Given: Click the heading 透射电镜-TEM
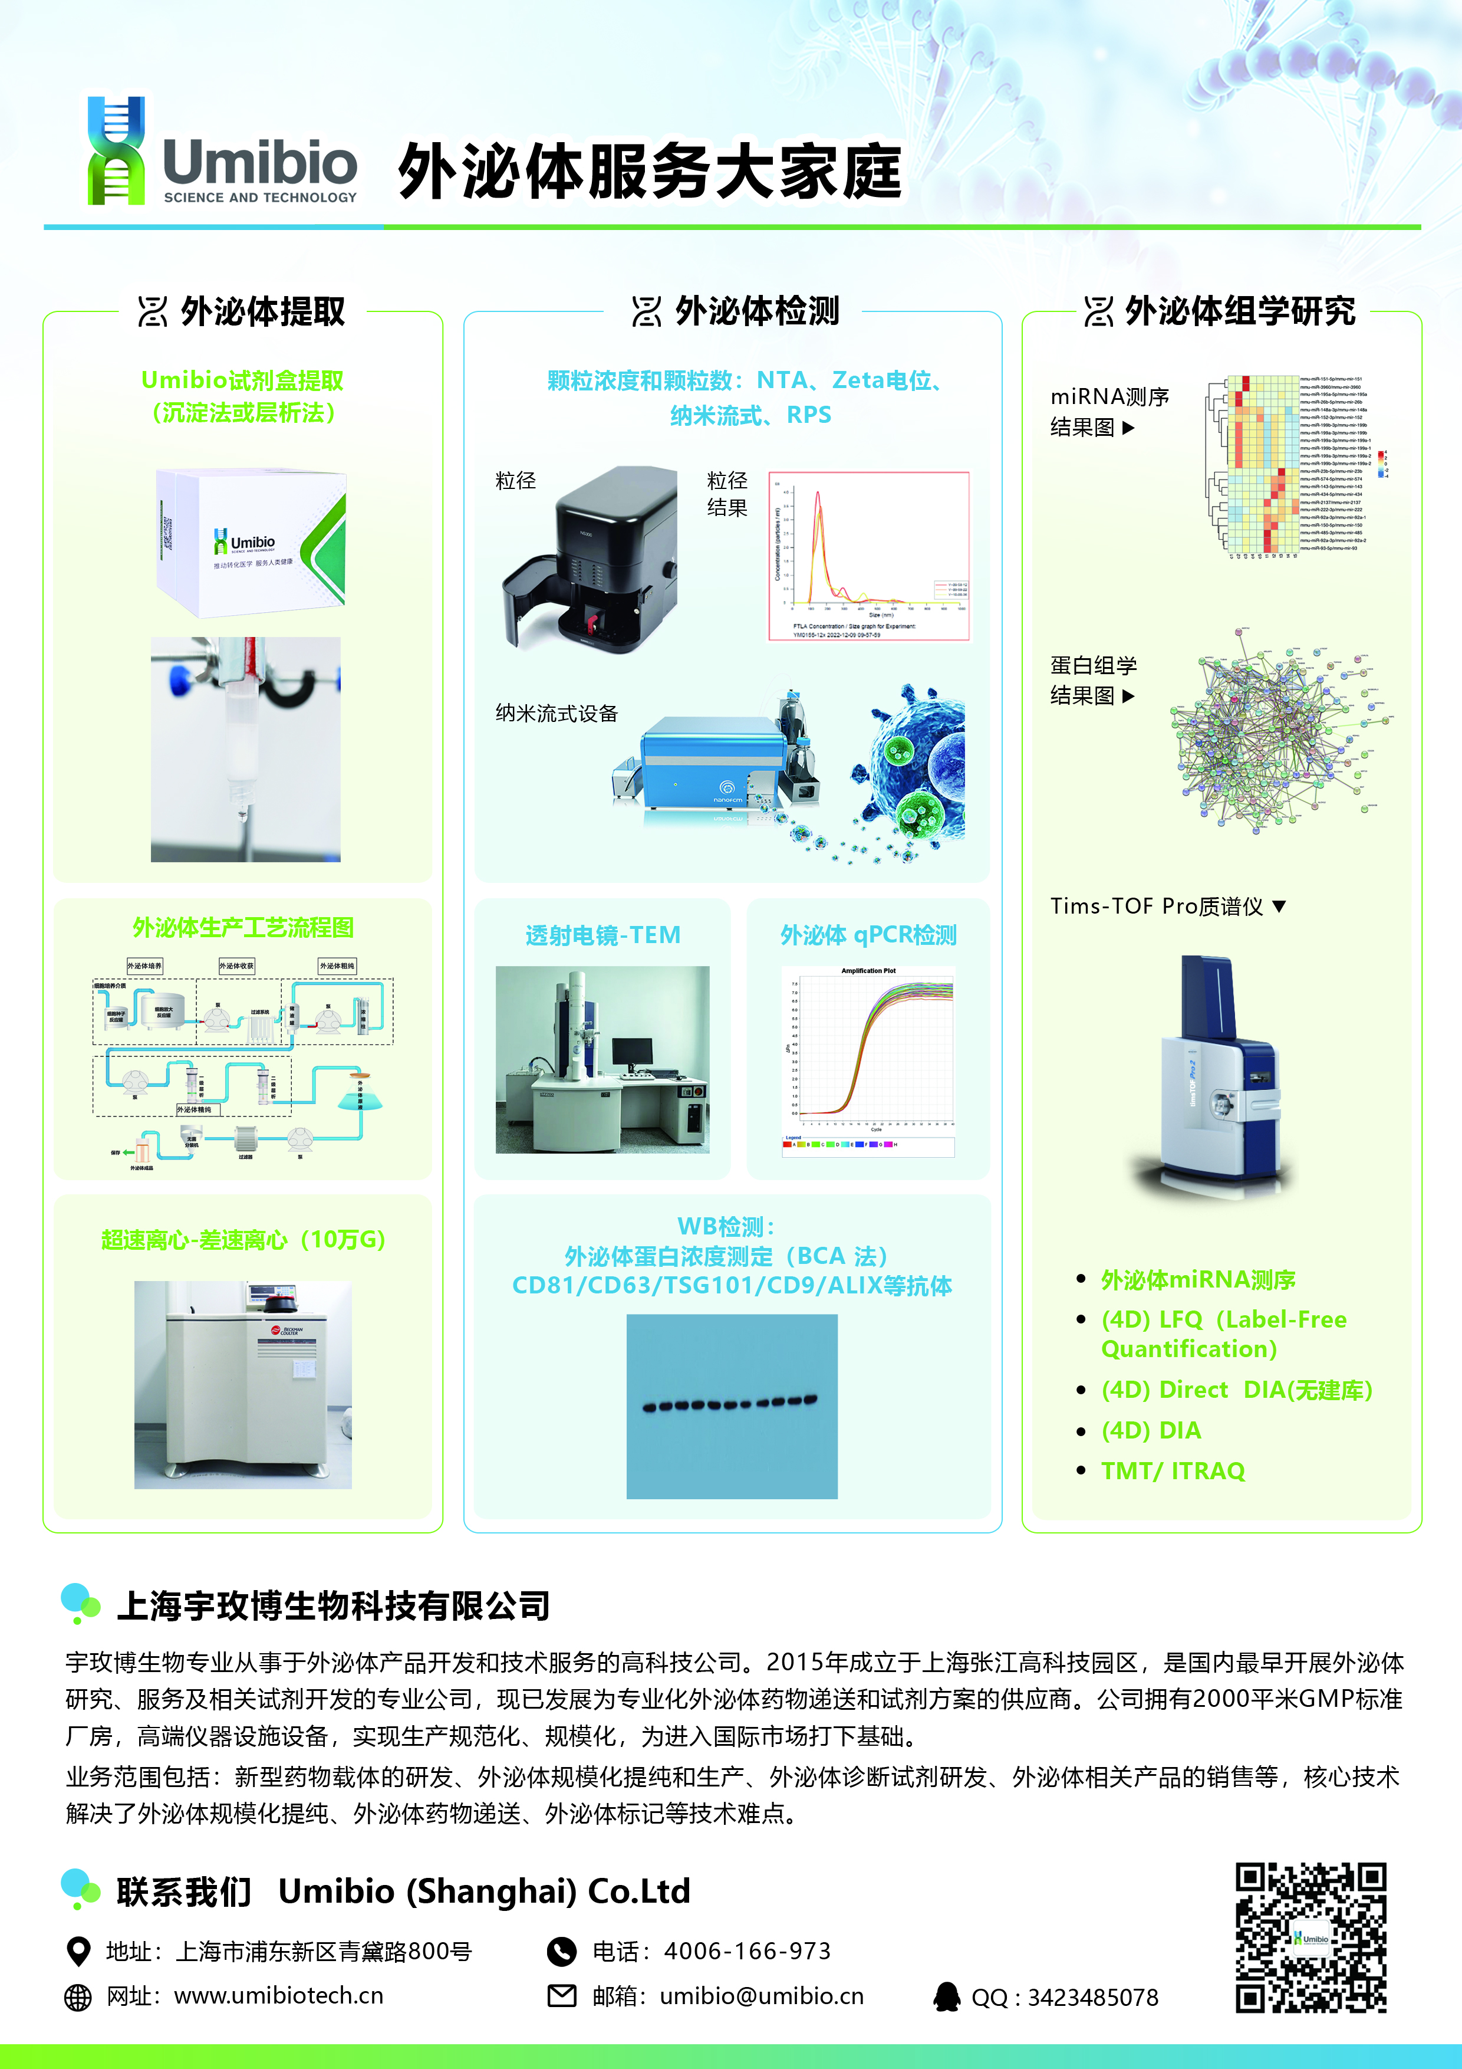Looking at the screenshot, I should (602, 935).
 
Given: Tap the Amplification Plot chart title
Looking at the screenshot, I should (868, 971).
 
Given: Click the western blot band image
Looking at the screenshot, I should (732, 1405).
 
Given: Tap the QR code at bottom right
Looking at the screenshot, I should (1310, 1937).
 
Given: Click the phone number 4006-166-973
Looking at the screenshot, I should (747, 1951).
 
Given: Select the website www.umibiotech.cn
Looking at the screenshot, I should (278, 1996).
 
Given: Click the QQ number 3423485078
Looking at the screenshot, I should (1092, 1998).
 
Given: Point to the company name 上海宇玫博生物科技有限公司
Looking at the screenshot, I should (333, 1606).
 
